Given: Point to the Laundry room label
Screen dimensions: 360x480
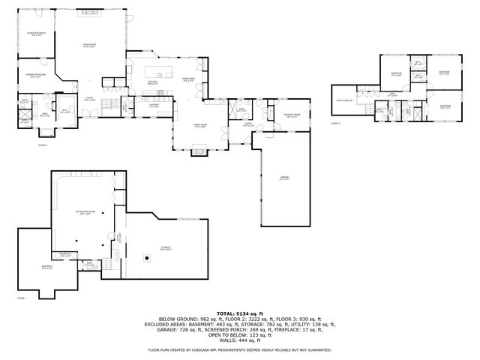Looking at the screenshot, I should coord(153,106).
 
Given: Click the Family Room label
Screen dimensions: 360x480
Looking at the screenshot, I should coord(200,127).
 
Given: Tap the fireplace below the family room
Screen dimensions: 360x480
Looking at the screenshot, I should coord(199,150).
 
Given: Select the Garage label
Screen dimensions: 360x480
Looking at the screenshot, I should coord(284,178).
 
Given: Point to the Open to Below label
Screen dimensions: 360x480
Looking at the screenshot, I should coord(344,100).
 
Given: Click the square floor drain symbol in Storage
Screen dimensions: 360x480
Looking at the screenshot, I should coord(146,259).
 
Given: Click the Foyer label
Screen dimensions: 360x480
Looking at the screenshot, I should coord(88,98).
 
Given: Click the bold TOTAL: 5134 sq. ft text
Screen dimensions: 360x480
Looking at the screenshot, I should coord(240,313).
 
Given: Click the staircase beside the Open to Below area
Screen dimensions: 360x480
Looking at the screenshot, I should coord(367,112).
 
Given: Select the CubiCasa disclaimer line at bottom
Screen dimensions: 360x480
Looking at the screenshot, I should coord(240,349).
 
